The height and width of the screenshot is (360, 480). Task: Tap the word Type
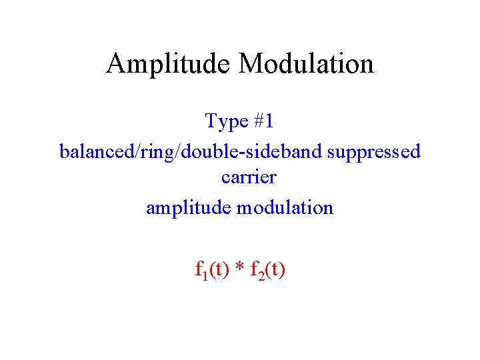pos(226,121)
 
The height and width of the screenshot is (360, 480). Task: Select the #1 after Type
pos(263,121)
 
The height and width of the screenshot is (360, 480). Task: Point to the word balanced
pos(96,151)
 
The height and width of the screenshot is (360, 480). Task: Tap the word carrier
pos(248,179)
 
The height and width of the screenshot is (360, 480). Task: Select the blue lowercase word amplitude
pos(187,208)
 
